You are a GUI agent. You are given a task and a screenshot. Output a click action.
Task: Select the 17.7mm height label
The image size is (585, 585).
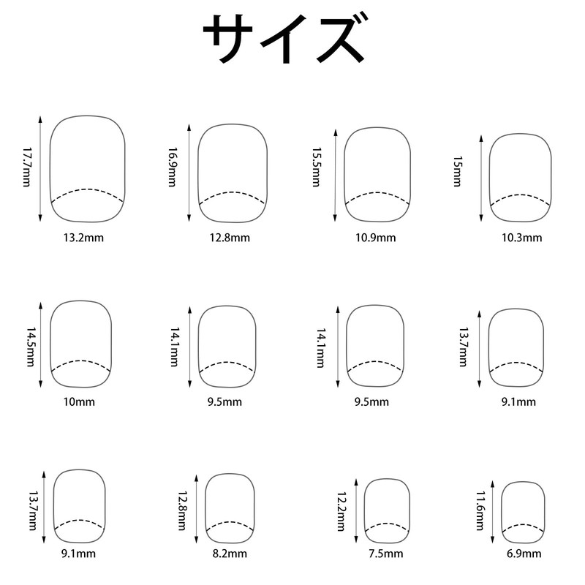tap(27, 168)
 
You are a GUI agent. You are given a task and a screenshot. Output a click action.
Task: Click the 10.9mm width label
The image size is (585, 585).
tap(374, 237)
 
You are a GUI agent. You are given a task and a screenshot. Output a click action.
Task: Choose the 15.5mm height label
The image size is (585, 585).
tap(316, 168)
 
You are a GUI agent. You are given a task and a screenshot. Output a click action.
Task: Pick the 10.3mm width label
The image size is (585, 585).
tap(521, 237)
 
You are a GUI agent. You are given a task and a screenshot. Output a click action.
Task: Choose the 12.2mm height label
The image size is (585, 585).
tap(340, 510)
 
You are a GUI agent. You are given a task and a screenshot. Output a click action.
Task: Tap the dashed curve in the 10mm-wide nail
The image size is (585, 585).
tap(81, 362)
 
